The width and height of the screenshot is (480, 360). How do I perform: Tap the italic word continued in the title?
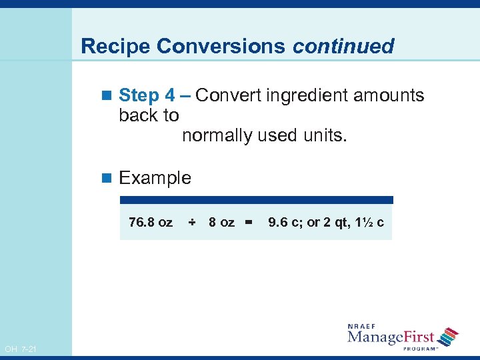[343, 47]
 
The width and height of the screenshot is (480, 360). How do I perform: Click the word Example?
[155, 178]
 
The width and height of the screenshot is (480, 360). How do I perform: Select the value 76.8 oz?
[150, 222]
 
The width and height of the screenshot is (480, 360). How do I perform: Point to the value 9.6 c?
[285, 222]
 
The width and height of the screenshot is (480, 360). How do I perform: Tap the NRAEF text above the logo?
[365, 326]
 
